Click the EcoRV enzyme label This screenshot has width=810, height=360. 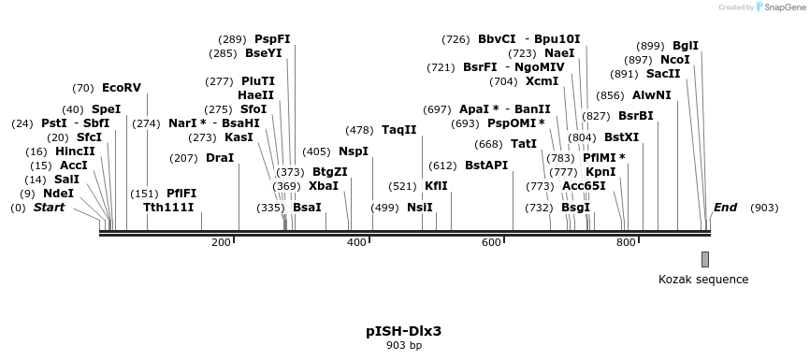coord(121,88)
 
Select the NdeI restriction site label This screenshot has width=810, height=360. coord(58,194)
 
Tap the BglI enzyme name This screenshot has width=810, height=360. coord(686,46)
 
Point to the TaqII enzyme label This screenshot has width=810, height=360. coord(398,130)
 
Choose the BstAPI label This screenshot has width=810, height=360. coord(486,165)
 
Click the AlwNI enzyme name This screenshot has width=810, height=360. coord(651,95)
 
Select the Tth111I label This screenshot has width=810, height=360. coord(168,207)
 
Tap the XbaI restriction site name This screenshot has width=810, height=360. coord(323,186)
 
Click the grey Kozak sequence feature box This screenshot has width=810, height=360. coord(705,259)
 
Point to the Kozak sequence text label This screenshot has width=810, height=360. coord(703,279)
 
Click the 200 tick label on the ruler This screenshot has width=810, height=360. coord(221,243)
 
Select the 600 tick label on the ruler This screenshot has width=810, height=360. coord(491,243)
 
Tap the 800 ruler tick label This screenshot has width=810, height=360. coord(626,243)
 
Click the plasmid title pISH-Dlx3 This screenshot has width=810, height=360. coord(403,331)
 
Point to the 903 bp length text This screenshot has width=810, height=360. coord(404,346)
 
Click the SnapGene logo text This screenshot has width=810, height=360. coord(781,7)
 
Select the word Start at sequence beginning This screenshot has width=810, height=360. coord(49,207)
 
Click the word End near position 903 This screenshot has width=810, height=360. coord(725,207)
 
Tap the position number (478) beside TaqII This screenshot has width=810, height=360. coord(359,130)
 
